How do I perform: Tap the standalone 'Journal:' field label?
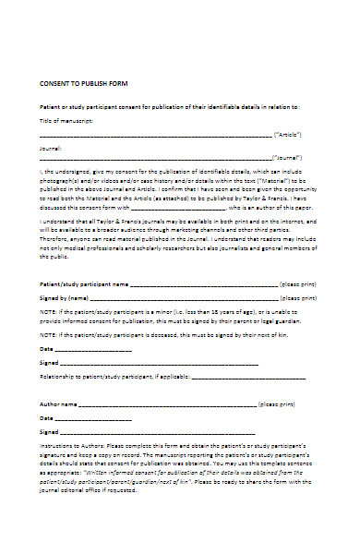[x=51, y=147]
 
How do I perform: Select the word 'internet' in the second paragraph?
[x=291, y=223]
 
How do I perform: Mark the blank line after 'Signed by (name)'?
[x=185, y=298]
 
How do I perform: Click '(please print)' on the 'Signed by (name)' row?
[x=301, y=298]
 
